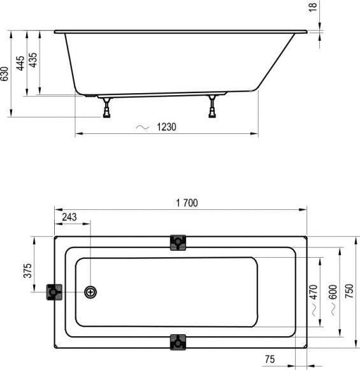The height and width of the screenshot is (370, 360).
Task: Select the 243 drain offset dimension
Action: (69, 218)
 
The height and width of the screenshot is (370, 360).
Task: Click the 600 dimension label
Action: (331, 292)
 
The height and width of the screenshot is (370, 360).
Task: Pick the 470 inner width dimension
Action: (312, 292)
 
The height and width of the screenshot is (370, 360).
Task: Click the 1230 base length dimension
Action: (166, 126)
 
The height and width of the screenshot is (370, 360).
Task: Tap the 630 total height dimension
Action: (6, 74)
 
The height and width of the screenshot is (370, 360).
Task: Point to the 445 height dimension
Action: (20, 63)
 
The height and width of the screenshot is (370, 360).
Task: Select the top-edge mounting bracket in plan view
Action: (178, 242)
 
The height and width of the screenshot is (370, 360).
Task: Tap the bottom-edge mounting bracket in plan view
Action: (178, 341)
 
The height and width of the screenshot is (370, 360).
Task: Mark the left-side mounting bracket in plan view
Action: (54, 292)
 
